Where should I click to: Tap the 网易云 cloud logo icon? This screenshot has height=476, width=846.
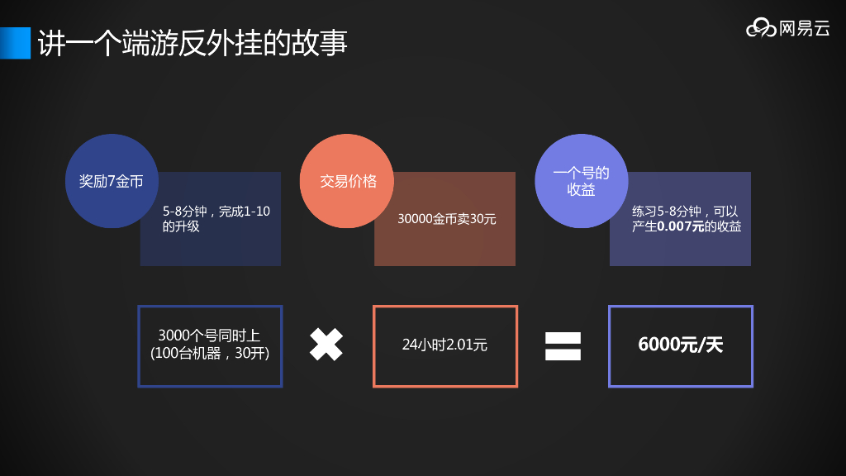click(x=761, y=29)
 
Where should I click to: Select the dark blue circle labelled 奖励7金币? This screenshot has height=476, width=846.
click(x=111, y=181)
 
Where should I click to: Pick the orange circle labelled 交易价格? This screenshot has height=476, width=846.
click(x=348, y=181)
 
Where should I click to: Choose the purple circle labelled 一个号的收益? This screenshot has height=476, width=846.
click(x=581, y=181)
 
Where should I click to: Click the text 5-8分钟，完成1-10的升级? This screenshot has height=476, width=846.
click(x=216, y=219)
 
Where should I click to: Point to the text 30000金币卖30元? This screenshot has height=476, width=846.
click(x=447, y=220)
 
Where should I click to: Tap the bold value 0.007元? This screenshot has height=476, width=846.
click(x=681, y=226)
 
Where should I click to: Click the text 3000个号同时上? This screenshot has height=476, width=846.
click(x=209, y=336)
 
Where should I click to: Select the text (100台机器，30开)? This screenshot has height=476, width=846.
click(x=210, y=354)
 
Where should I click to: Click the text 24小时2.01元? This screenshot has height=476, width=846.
click(x=444, y=345)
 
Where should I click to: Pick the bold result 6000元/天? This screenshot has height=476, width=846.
click(x=680, y=345)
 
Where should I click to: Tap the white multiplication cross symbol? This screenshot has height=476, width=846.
click(x=326, y=345)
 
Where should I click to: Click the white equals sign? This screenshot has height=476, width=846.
click(x=563, y=345)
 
